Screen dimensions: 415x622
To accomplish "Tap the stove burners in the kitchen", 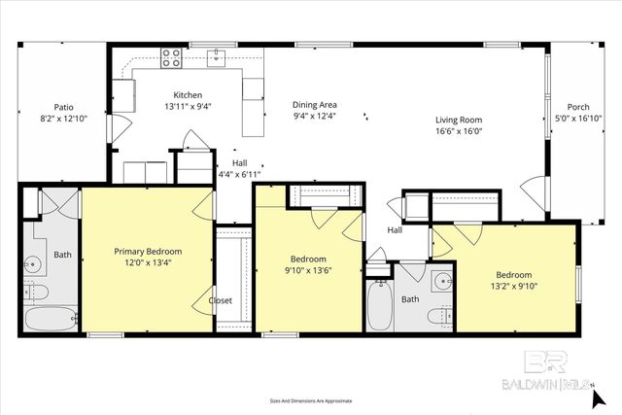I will (172, 58).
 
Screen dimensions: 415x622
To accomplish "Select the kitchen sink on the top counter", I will (216, 56).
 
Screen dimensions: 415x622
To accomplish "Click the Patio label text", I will (63, 108).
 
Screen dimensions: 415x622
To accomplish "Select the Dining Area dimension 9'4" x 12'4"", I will (314, 116).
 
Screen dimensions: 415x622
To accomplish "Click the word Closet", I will (221, 301).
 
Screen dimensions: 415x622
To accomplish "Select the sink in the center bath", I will (442, 283).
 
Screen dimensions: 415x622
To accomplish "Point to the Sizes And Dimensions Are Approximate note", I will (311, 399).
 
